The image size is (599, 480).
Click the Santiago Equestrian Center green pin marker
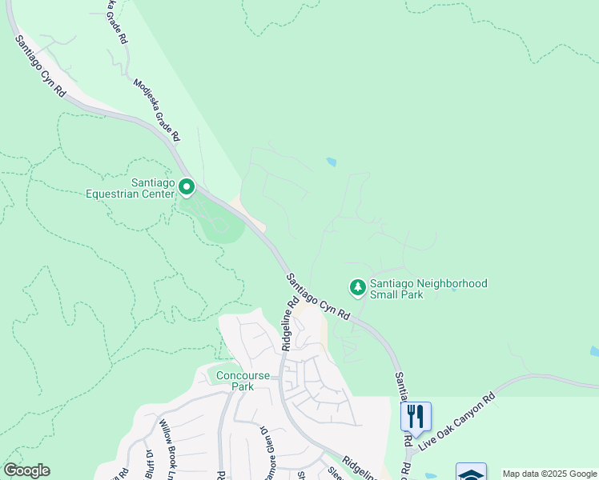pos(187,187)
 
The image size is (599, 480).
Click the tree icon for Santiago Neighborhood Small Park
pos(357,286)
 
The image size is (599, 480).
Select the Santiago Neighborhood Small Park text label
pos(428,289)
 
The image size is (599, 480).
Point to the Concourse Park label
pos(231,381)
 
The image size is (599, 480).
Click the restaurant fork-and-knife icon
pos(416,415)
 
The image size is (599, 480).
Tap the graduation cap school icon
pos(471,473)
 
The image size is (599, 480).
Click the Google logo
pos(26,470)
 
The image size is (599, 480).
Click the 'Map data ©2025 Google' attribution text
pos(549,474)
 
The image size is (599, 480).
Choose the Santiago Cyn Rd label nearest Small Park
pos(318,296)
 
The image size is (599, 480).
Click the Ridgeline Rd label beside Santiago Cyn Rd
pos(290,324)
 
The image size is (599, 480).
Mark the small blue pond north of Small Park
pos(332,162)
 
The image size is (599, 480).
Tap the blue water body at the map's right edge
pos(593,351)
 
